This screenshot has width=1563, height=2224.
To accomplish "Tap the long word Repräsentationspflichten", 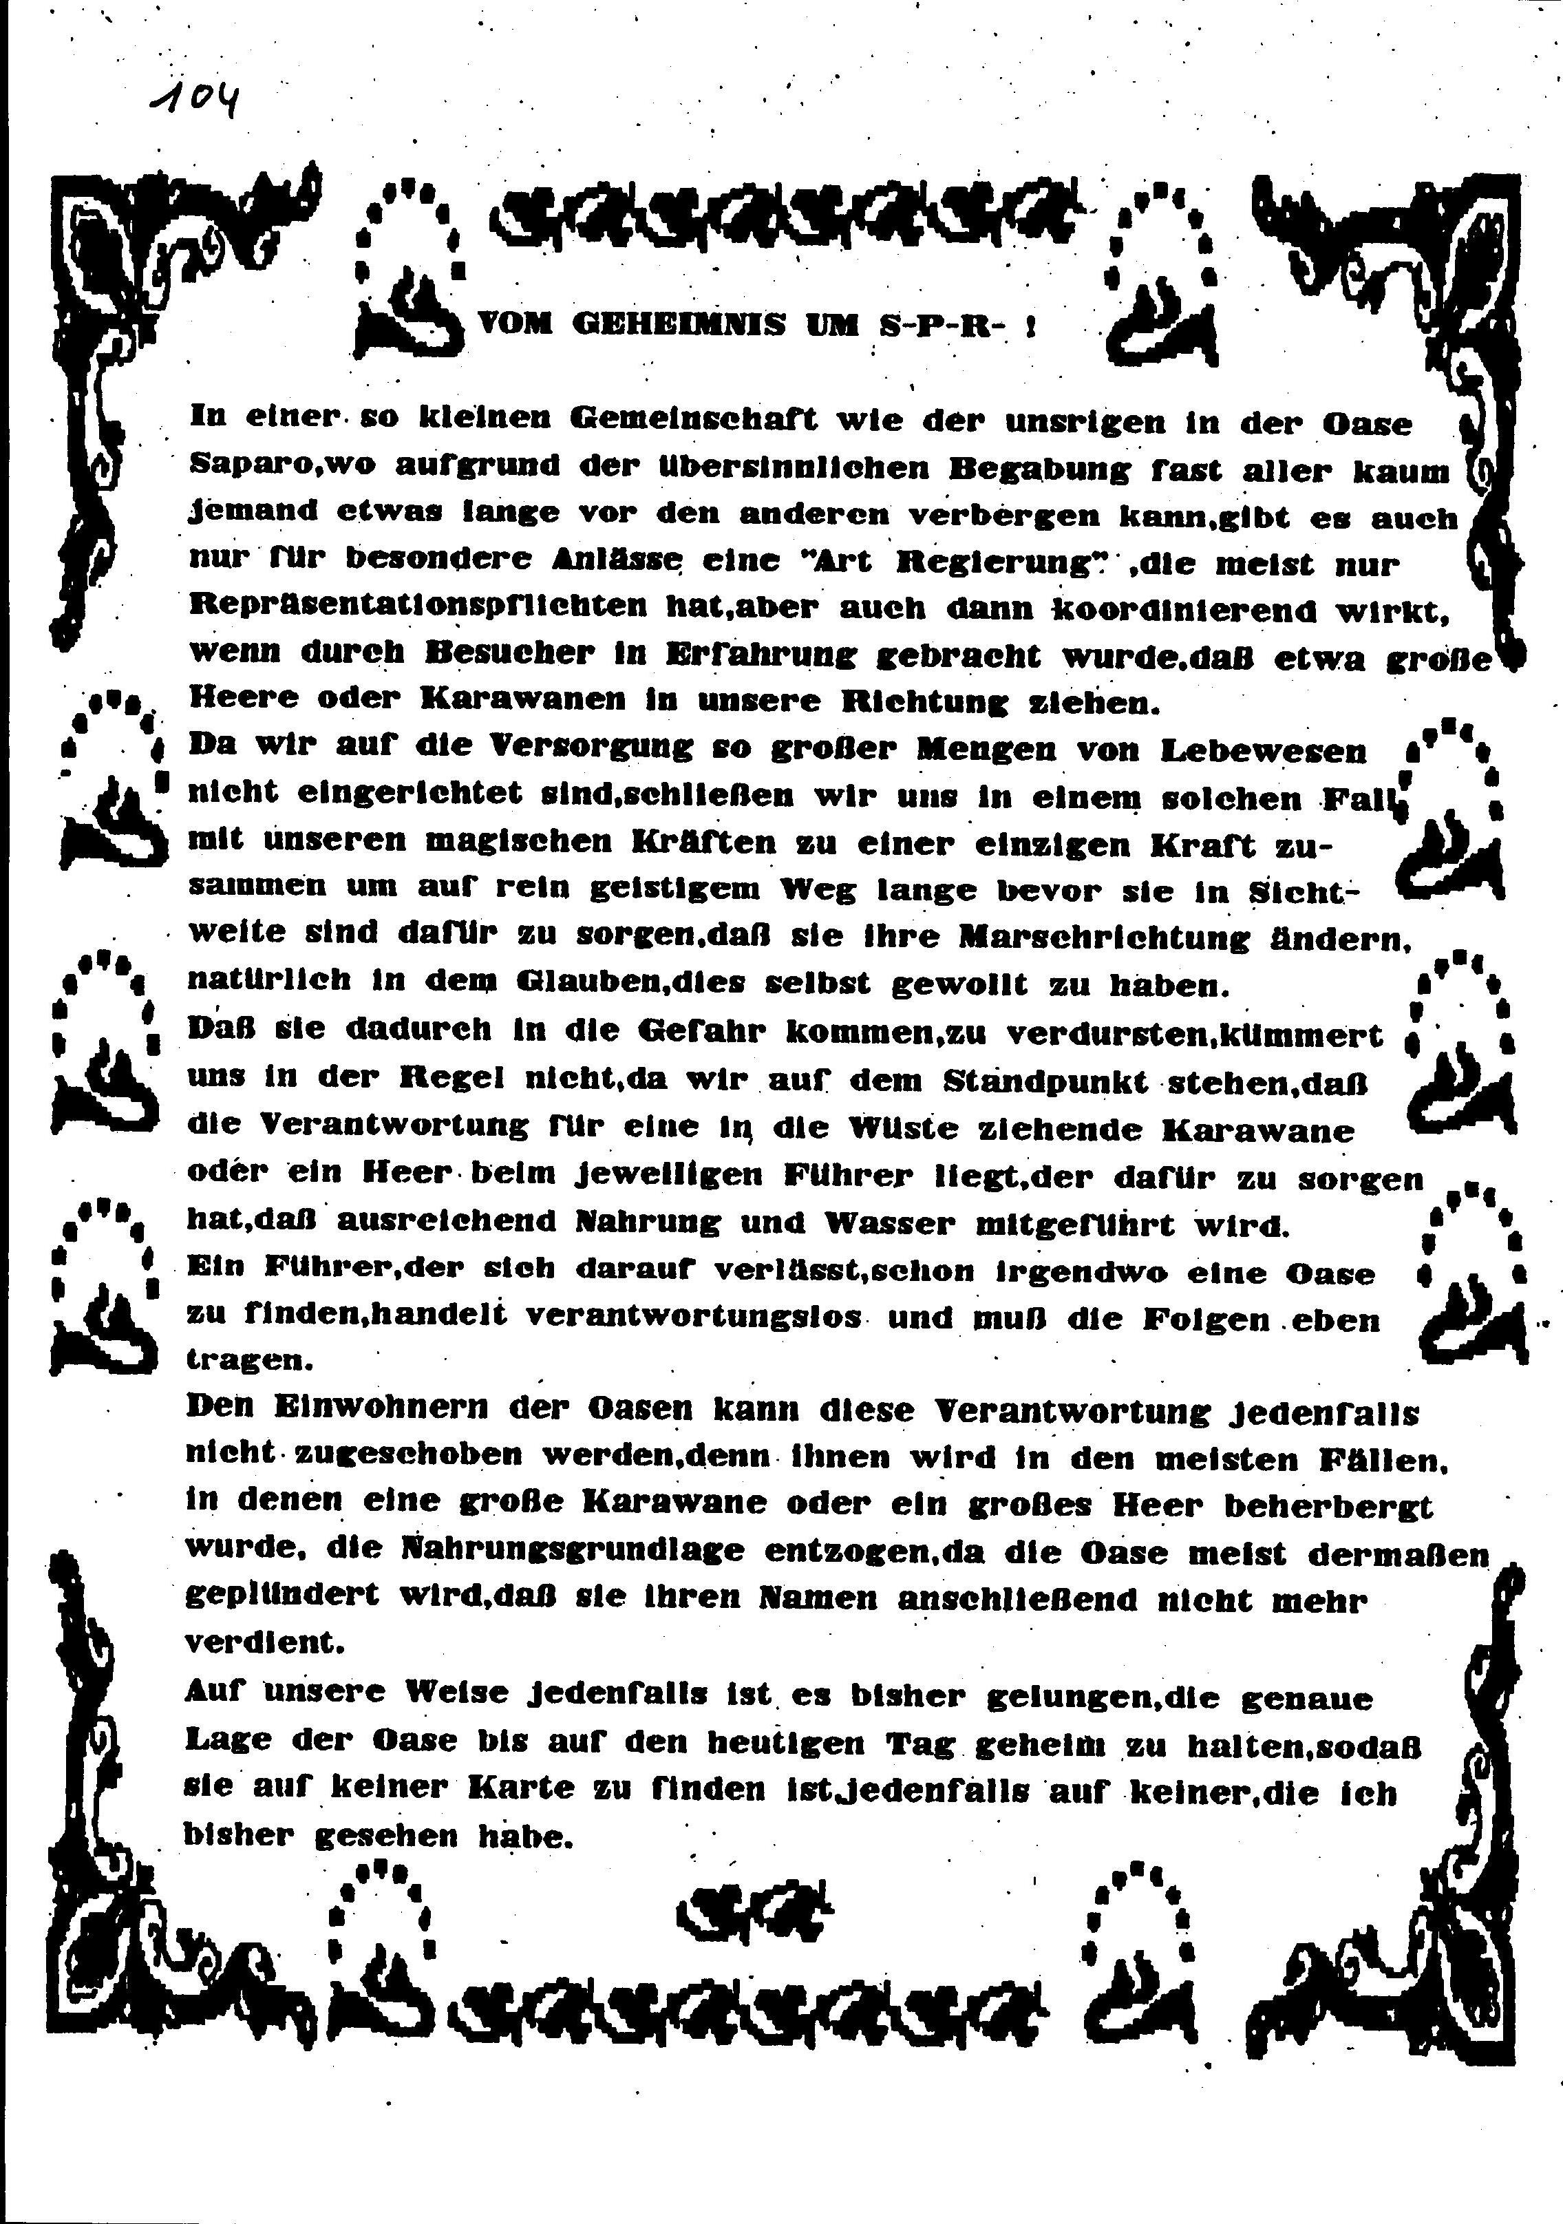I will [418, 607].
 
